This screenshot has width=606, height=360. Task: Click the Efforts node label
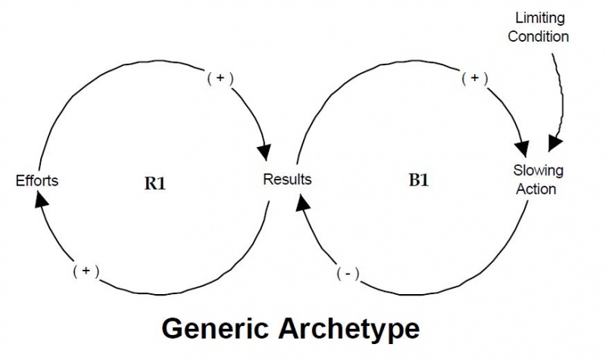(37, 180)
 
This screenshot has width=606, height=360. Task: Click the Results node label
(287, 180)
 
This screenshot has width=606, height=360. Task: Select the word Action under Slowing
(536, 189)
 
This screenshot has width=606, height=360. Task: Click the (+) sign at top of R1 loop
(219, 77)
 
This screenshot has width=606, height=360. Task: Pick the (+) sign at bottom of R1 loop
(86, 271)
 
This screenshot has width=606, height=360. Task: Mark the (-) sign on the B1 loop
(348, 273)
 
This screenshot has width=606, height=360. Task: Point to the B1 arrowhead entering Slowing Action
(521, 149)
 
